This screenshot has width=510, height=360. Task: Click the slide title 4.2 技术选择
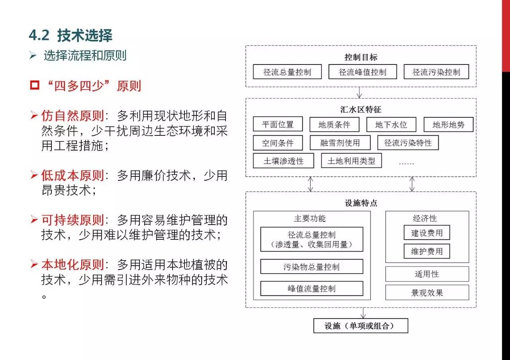click(x=71, y=35)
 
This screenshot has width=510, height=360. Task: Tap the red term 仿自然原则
click(x=73, y=115)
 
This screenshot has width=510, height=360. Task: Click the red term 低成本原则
click(x=73, y=175)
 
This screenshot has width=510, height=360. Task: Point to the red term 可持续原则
click(x=73, y=220)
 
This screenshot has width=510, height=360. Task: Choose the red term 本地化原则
click(x=73, y=264)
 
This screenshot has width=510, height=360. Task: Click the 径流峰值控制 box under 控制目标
click(x=363, y=72)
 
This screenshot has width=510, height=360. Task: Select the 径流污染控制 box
click(x=436, y=72)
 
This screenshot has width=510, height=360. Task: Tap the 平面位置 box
click(x=278, y=124)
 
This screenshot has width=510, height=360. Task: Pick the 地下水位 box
click(x=391, y=125)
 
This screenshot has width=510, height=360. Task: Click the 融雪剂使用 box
click(x=340, y=143)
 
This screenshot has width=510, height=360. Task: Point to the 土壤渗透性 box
click(x=283, y=160)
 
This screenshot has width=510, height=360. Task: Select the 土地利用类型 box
click(x=351, y=160)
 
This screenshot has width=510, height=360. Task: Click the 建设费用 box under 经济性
click(x=427, y=233)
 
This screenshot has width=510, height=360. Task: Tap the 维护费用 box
click(x=427, y=251)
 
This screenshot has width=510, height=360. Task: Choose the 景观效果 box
click(x=427, y=292)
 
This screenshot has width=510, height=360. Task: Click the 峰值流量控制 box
click(x=312, y=289)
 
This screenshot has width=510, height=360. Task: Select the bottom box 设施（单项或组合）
click(x=361, y=326)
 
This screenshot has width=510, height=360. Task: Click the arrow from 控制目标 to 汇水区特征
click(x=359, y=93)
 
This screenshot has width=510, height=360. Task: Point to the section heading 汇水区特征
click(x=361, y=110)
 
